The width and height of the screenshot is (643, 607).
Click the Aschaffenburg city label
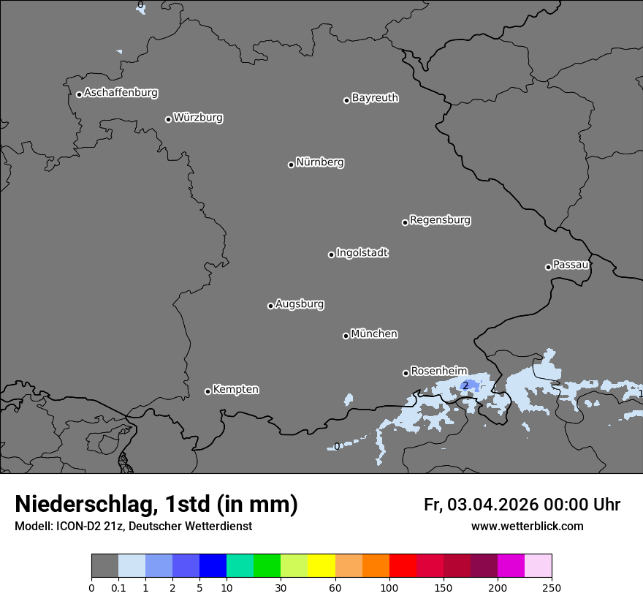click(121, 93)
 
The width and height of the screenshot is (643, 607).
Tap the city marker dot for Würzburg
click(168, 119)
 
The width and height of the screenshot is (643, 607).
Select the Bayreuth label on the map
click(375, 98)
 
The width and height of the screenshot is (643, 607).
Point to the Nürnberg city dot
click(291, 165)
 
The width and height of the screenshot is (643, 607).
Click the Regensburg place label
click(440, 220)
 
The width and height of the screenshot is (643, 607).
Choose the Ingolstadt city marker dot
click(331, 255)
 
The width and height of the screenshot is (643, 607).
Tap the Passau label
click(571, 265)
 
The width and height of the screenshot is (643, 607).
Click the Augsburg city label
click(300, 304)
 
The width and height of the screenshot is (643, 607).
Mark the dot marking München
click(346, 336)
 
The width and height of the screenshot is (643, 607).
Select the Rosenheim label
click(438, 371)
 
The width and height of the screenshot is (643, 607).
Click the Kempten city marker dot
click(208, 391)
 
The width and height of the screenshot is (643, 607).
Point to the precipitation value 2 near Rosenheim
click(465, 386)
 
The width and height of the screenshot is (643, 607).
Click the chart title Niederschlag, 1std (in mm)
click(156, 504)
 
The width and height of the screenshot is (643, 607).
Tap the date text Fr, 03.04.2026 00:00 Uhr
click(522, 505)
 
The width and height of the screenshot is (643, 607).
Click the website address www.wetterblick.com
click(527, 526)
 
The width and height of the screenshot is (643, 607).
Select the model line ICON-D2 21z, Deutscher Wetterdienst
click(133, 526)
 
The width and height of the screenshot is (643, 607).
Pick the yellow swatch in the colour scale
click(321, 566)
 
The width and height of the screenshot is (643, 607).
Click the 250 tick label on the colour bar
click(552, 587)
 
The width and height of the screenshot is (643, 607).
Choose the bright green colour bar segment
click(267, 566)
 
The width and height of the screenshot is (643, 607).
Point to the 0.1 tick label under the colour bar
click(118, 587)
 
